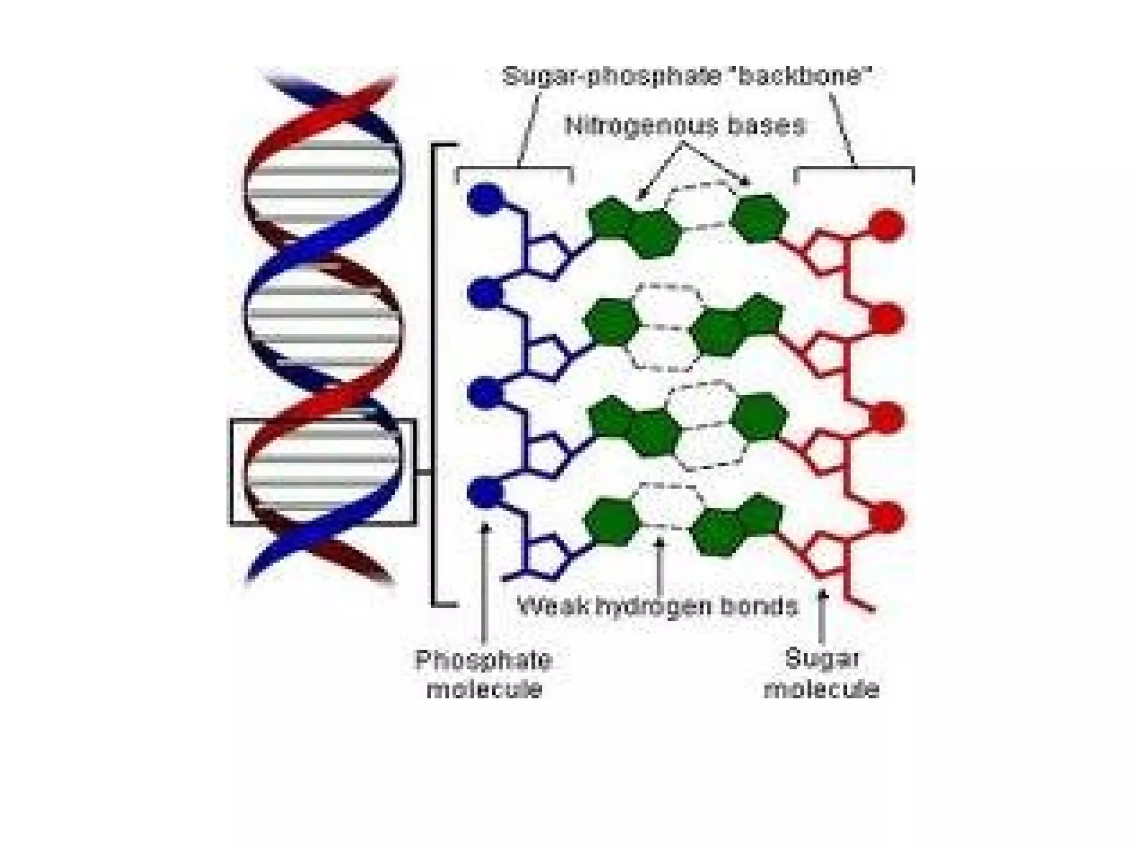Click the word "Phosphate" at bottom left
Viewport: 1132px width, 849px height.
coord(484,660)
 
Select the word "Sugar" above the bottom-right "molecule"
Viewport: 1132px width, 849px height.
coord(822,658)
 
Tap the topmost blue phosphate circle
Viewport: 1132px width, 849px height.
coord(485,198)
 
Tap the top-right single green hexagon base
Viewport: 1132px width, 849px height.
coord(759,218)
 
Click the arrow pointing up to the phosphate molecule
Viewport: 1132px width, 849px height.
coord(485,580)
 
